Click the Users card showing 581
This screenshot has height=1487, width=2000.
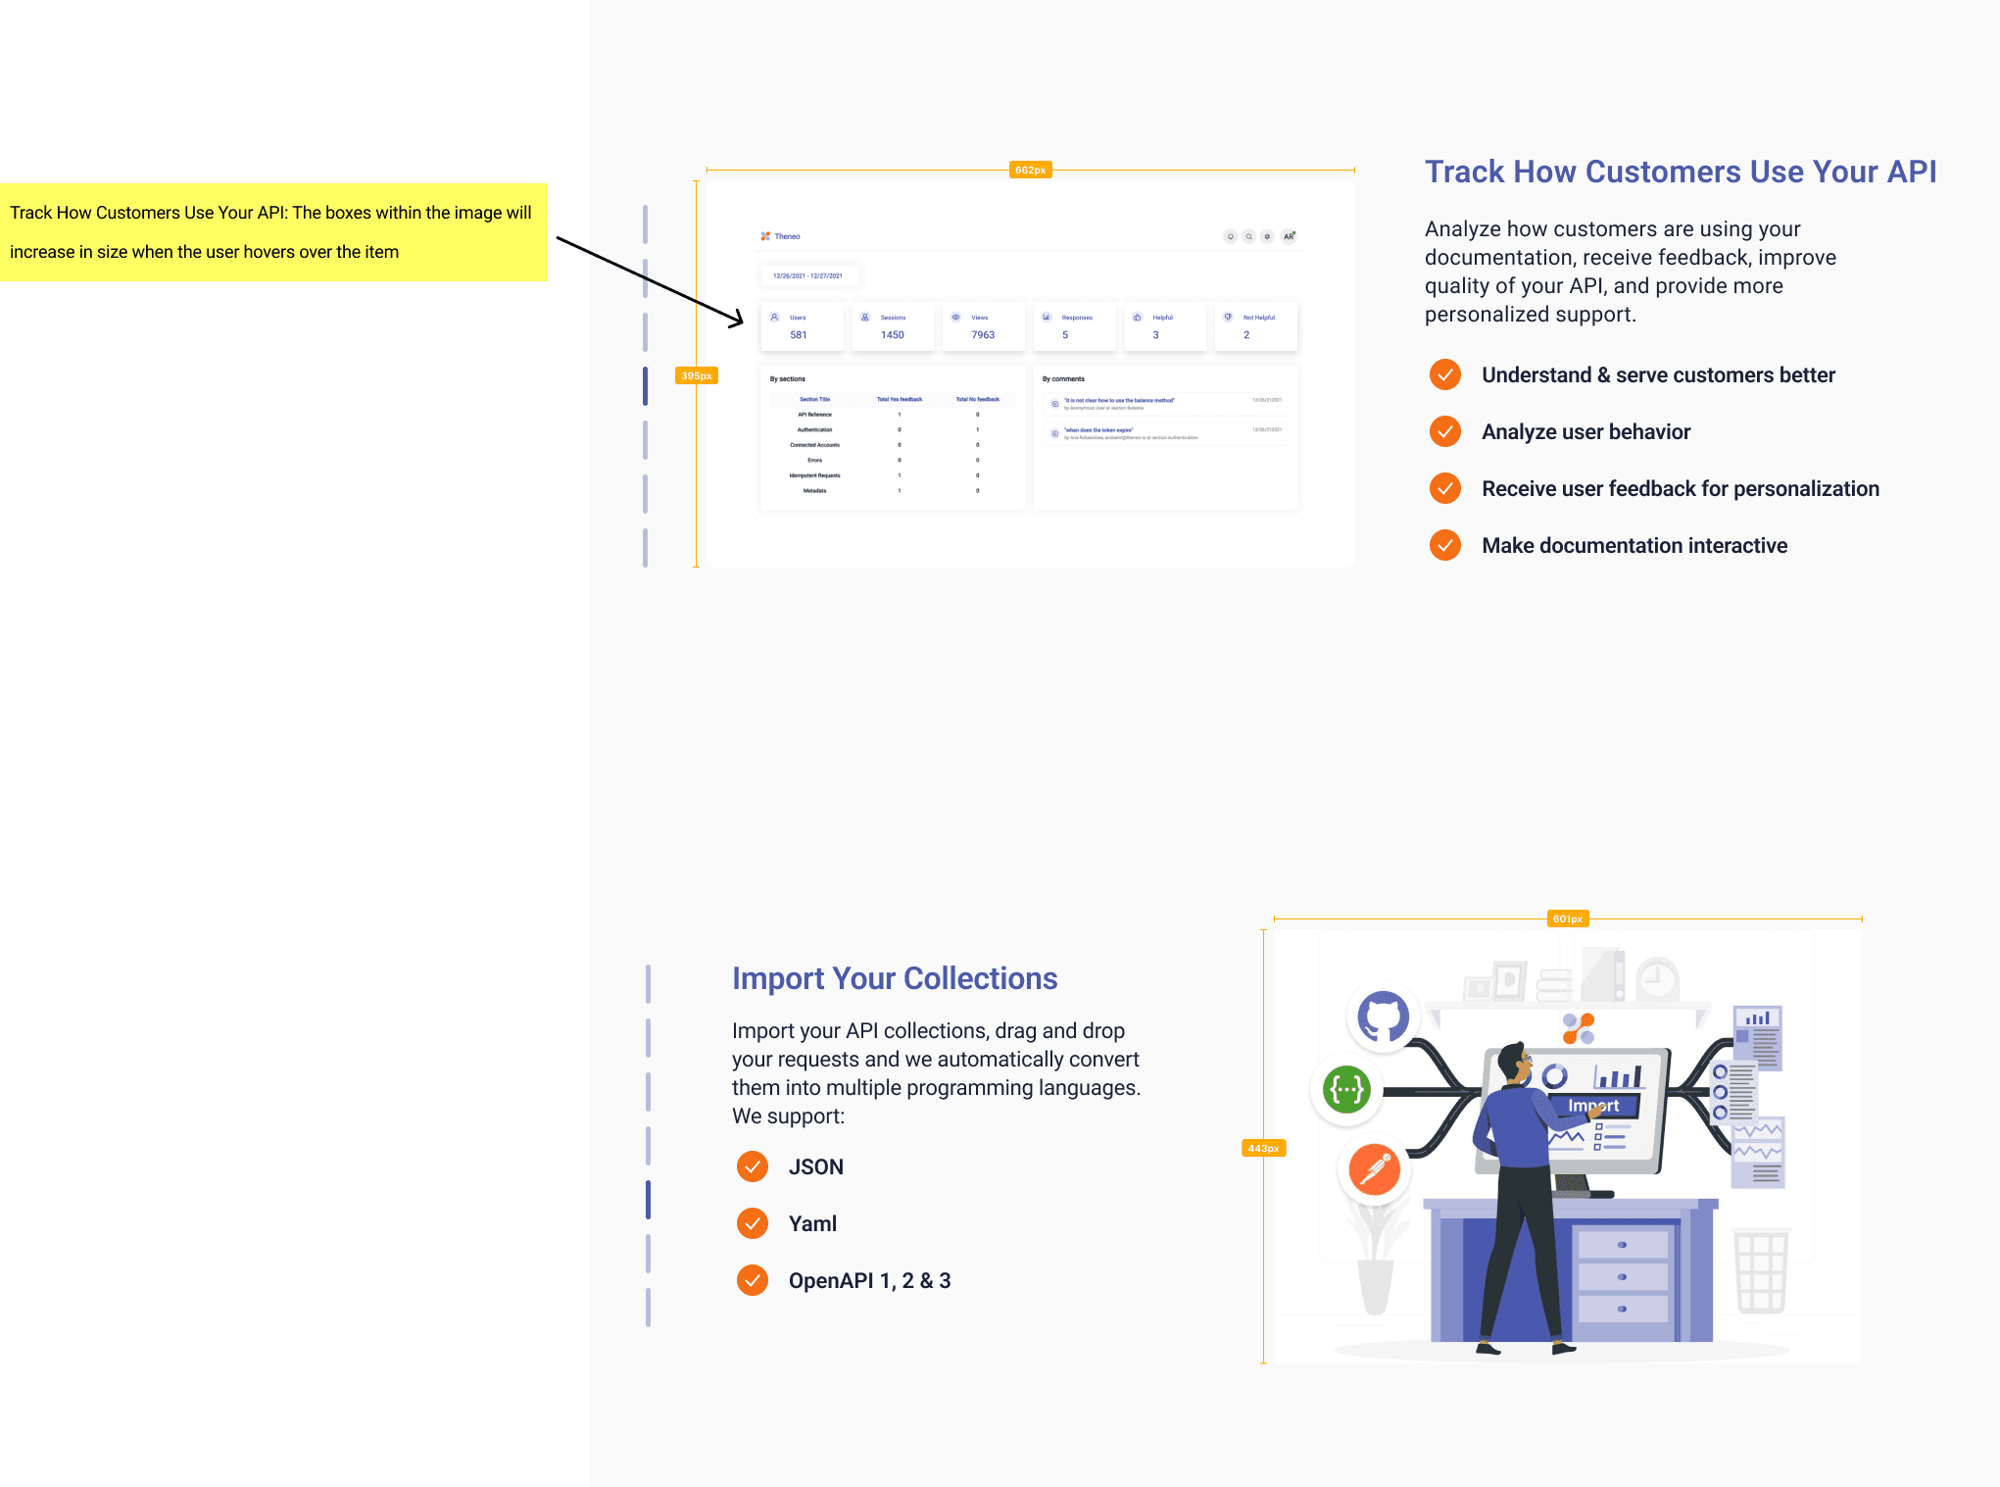[x=801, y=326]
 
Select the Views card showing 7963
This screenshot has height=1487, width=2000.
[x=983, y=326]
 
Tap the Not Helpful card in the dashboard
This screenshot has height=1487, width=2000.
[x=1255, y=326]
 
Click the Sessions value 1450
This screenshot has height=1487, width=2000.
[x=892, y=335]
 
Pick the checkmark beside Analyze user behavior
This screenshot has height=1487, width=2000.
[x=1444, y=431]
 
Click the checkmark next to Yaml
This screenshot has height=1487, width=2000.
[x=752, y=1223]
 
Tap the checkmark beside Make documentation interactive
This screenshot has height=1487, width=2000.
[x=1444, y=545]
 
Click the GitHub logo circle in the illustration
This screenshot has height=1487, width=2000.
[x=1383, y=1016]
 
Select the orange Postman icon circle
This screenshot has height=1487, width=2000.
[x=1374, y=1169]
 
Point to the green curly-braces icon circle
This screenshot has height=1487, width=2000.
[x=1346, y=1089]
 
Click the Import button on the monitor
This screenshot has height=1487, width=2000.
[x=1593, y=1106]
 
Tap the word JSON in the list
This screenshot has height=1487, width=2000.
[x=815, y=1166]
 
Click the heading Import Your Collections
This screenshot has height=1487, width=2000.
[x=894, y=978]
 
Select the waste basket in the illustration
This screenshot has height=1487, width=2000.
[x=1761, y=1271]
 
